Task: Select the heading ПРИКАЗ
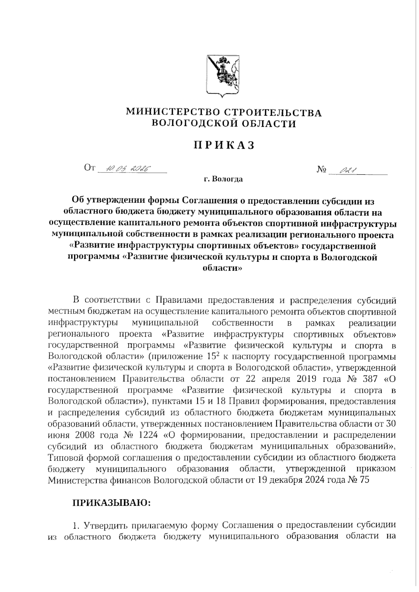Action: (223, 145)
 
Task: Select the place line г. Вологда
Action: (223, 180)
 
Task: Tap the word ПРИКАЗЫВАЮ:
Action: (111, 503)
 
